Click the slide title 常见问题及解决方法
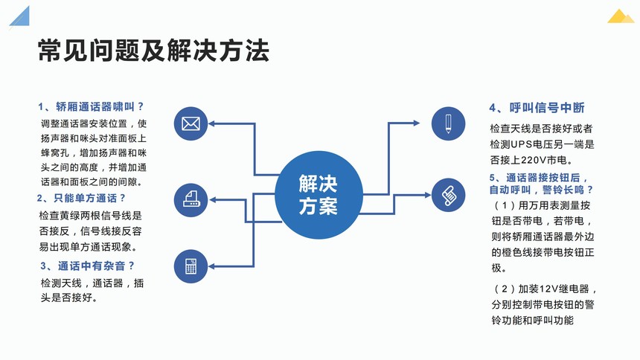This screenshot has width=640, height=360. click(x=153, y=51)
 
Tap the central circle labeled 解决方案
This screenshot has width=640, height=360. click(x=319, y=195)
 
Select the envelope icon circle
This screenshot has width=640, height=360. click(x=191, y=123)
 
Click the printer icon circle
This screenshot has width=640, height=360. click(x=191, y=199)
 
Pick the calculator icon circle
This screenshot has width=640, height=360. click(x=191, y=266)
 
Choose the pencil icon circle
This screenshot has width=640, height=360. click(x=448, y=123)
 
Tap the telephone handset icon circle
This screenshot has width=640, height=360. click(x=448, y=195)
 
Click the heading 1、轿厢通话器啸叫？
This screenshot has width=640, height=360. click(x=91, y=106)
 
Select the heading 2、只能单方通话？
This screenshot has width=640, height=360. click(x=81, y=198)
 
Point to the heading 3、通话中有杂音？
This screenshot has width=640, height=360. click(x=87, y=266)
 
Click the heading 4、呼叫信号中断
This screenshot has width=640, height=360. click(x=537, y=108)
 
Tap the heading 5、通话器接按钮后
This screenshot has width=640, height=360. click(x=539, y=178)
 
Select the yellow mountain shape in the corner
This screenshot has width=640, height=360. click(x=621, y=16)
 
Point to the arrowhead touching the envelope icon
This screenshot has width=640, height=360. click(x=212, y=123)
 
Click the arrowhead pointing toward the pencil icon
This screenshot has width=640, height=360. click(x=416, y=123)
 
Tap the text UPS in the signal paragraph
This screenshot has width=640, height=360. click(x=521, y=144)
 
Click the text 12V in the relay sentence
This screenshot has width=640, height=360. click(x=549, y=289)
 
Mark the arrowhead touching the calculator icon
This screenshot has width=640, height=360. click(x=212, y=266)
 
